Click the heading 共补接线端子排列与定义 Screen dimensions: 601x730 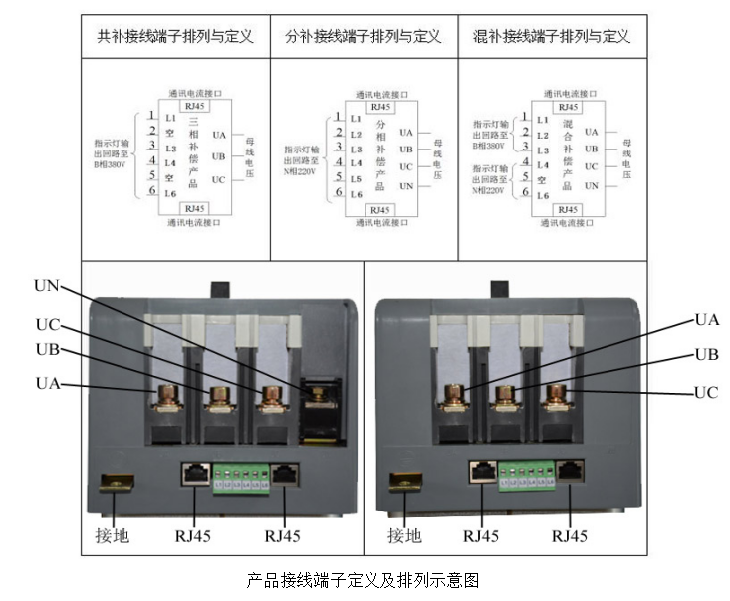tap(174, 37)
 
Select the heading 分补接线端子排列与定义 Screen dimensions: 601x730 tap(363, 37)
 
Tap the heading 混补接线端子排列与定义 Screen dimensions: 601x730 tap(551, 37)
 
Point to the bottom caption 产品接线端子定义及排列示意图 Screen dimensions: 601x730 tap(364, 579)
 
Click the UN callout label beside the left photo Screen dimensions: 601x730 tap(47, 286)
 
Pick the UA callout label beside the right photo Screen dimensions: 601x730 tap(706, 320)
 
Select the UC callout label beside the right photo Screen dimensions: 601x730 tap(706, 392)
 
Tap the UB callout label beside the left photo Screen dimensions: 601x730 tap(47, 350)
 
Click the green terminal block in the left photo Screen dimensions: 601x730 tap(242, 474)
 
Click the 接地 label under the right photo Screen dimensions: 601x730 tap(404, 535)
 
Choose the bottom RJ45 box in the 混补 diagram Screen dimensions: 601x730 tap(568, 209)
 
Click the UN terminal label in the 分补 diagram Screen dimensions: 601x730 tap(405, 186)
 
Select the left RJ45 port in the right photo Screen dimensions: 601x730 tap(482, 470)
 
